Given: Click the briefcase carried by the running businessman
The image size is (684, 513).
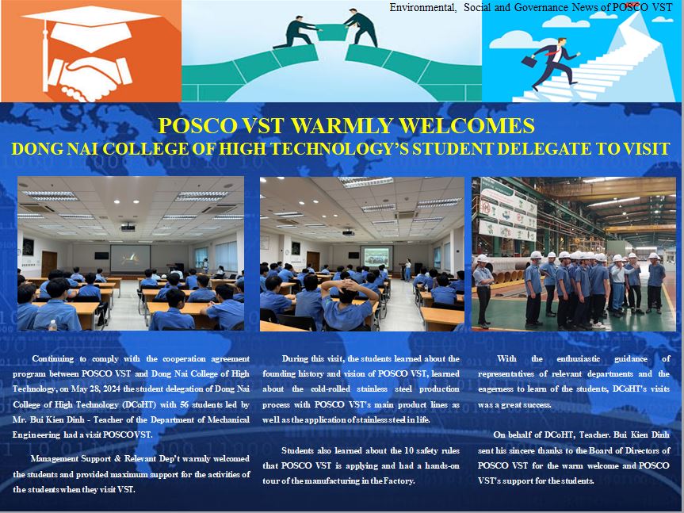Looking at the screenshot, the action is click(x=529, y=60).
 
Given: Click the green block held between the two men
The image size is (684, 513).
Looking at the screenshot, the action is click(x=332, y=33).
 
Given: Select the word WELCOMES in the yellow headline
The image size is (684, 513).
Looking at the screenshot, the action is click(x=466, y=125).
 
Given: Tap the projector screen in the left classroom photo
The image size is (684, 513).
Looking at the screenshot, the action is click(x=130, y=258).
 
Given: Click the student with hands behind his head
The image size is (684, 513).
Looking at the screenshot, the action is click(x=348, y=305).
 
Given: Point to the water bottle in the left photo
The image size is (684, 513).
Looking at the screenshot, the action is click(x=53, y=325).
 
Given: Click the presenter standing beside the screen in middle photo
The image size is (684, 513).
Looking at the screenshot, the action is click(x=408, y=270).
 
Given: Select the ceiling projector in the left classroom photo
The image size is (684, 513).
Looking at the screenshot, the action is click(x=128, y=228).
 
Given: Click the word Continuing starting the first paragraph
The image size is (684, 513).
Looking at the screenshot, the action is click(x=53, y=358).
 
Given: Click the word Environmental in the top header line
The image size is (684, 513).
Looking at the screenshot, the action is click(x=422, y=7).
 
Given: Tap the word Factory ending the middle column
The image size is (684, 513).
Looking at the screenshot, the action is click(x=399, y=480).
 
